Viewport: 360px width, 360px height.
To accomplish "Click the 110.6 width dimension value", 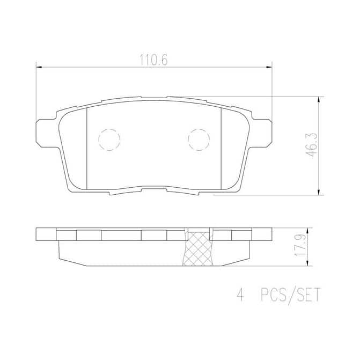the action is pos(154,60).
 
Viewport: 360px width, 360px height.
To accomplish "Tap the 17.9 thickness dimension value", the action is pos(300,246).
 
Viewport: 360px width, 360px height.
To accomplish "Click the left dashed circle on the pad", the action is pos(109,139).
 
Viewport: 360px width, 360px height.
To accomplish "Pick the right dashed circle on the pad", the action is pos(199,139).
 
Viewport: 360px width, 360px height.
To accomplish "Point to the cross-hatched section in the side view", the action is pos(198,248).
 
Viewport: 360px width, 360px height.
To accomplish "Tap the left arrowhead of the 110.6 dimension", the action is pos(39,67).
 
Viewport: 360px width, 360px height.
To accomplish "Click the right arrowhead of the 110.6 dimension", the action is pos(269,67).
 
